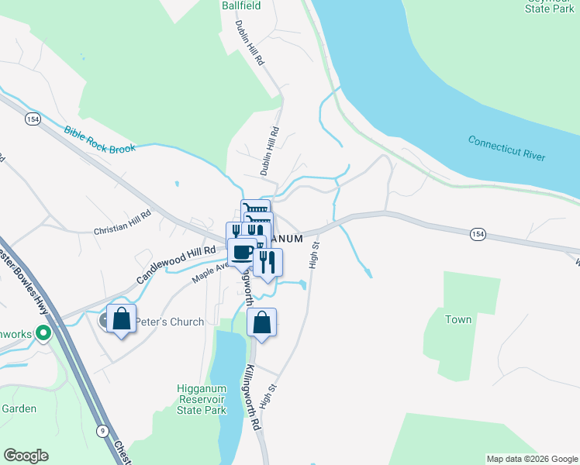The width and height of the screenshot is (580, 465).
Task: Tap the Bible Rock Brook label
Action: (99, 139)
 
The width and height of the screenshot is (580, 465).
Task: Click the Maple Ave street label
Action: (211, 270)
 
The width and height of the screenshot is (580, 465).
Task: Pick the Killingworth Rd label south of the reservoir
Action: (253, 398)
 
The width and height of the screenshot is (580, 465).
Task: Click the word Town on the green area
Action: (458, 319)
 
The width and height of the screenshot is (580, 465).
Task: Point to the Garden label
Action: (19, 408)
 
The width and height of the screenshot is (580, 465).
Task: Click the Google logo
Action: (26, 456)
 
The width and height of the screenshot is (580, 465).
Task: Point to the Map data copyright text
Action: (531, 459)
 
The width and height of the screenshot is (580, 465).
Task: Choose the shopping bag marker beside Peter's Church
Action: (121, 319)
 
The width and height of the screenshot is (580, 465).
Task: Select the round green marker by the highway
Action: (43, 334)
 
